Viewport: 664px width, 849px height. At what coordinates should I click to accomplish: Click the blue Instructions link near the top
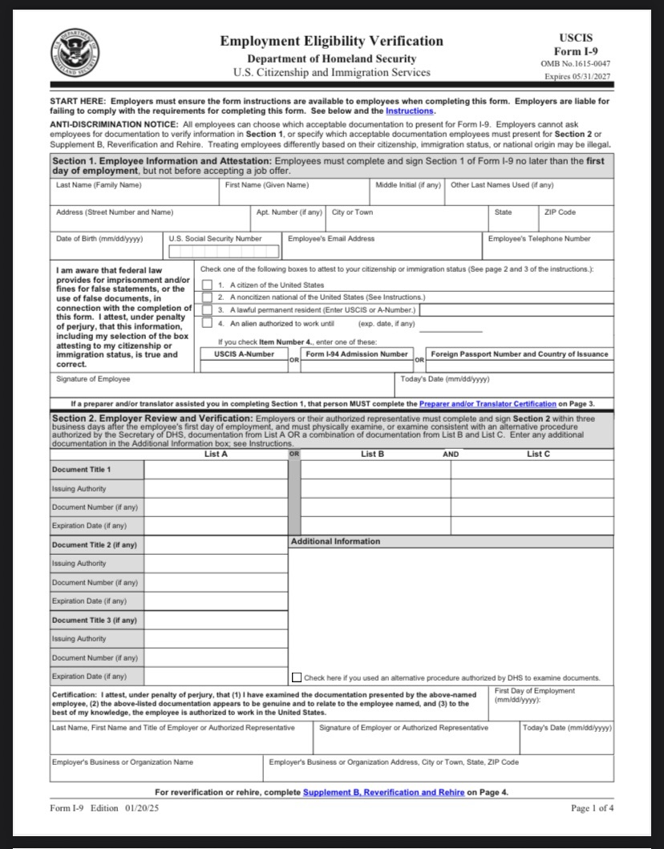[410, 111]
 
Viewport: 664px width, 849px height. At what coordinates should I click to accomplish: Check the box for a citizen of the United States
[208, 285]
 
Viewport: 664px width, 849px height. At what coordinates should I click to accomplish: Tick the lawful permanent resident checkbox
[208, 309]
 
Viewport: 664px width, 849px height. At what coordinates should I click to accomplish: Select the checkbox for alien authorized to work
[208, 323]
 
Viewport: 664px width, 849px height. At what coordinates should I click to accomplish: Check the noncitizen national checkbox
[208, 297]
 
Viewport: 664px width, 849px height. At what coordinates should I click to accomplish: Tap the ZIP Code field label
[560, 212]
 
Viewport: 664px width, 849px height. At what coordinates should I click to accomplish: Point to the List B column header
[373, 455]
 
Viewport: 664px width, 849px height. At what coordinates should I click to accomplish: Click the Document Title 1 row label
[82, 470]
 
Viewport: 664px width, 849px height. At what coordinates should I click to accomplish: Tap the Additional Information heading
[335, 542]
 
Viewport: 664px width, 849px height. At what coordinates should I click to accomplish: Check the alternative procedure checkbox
[297, 677]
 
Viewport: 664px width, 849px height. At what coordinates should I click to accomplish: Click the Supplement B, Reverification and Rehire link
[383, 792]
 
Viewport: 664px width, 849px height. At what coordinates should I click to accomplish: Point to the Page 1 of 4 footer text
[592, 808]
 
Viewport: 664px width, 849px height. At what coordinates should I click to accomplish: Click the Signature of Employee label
[93, 379]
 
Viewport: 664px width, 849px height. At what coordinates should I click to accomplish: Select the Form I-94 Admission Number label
[357, 354]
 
